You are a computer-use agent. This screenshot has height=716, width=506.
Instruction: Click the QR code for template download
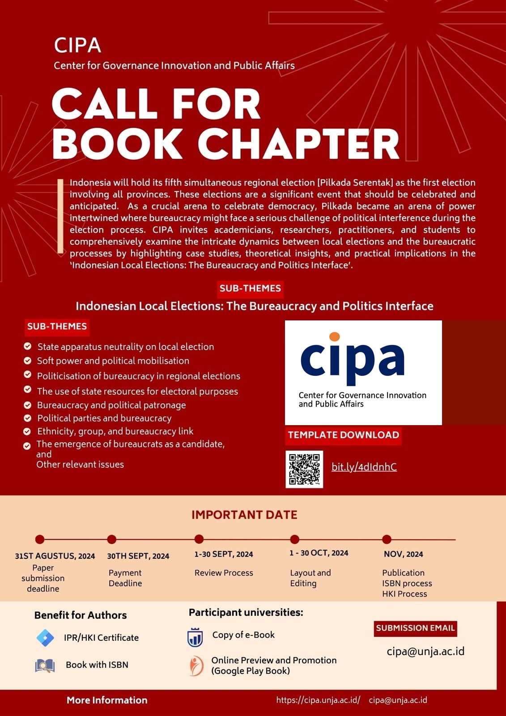304,469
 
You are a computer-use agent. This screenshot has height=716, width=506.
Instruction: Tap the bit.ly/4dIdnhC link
364,467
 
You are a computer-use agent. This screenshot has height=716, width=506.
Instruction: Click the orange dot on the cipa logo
334,337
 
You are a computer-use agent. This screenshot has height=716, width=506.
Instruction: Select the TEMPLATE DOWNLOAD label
343,435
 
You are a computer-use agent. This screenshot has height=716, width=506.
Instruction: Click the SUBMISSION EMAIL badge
415,628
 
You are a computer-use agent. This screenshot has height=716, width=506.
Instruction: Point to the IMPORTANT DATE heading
244,515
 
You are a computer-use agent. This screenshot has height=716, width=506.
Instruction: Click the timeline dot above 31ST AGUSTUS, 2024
40,539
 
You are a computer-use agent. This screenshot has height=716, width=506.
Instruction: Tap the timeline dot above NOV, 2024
387,539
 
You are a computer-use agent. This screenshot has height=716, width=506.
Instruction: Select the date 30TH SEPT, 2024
138,556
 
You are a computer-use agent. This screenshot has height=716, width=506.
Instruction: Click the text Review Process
224,573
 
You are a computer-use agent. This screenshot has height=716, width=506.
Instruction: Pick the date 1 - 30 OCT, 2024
319,553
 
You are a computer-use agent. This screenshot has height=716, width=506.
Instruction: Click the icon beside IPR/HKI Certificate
45,638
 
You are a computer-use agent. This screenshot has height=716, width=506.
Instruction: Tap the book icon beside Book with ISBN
45,665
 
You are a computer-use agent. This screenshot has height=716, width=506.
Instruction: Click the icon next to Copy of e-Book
195,638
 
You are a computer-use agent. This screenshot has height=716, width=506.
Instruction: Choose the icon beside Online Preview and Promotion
196,665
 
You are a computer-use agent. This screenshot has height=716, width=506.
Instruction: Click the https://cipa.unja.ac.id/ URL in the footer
318,700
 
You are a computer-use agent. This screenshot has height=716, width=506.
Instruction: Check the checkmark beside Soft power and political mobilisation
28,361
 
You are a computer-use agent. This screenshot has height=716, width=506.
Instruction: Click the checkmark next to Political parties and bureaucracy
28,418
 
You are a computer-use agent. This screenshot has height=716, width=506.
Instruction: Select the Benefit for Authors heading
81,615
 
